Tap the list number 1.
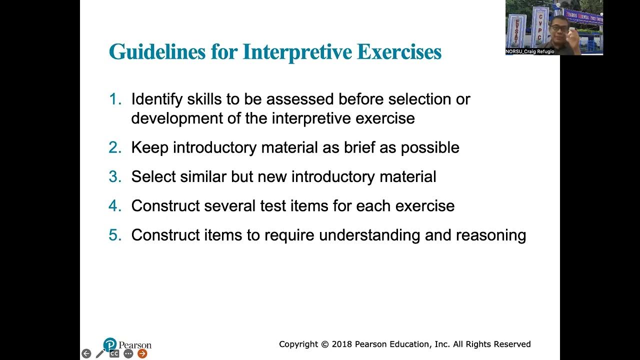pos(115,99)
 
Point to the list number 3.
pos(115,176)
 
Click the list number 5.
pos(115,235)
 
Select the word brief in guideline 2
pos(362,147)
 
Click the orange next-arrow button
pos(142,353)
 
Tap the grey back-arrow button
pos(86,353)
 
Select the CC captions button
pos(114,353)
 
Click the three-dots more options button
pos(128,353)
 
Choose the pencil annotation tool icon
pos(100,353)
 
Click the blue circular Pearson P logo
pos(110,344)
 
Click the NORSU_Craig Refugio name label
pos(530,51)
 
